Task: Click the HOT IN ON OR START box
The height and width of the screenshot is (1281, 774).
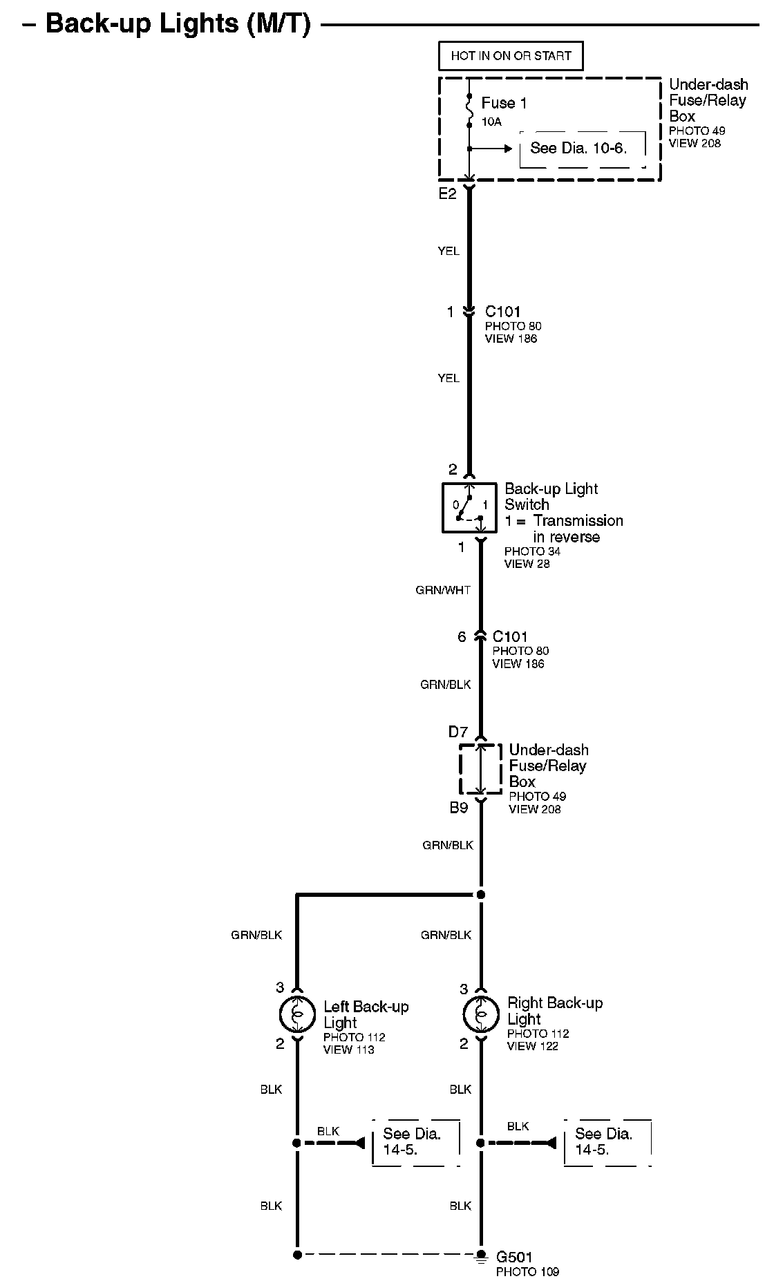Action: [x=511, y=56]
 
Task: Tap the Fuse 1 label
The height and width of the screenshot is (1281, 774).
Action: [x=504, y=103]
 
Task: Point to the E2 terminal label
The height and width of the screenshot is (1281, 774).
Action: [x=448, y=194]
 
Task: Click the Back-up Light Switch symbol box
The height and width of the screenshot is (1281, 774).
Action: [x=469, y=508]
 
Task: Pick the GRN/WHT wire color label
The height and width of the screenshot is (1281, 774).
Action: [x=443, y=590]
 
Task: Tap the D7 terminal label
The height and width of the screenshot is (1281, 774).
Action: [x=458, y=732]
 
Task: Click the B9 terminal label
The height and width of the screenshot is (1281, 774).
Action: [x=459, y=807]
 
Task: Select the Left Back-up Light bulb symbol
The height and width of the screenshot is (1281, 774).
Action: [x=297, y=1014]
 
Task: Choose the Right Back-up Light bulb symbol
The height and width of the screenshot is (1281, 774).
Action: [x=481, y=1014]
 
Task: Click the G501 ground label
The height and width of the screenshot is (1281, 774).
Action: [x=515, y=1257]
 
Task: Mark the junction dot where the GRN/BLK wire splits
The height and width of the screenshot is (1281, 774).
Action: [x=481, y=895]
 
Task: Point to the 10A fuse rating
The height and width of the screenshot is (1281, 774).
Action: [x=491, y=122]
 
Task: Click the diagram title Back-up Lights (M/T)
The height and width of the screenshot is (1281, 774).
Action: [x=178, y=23]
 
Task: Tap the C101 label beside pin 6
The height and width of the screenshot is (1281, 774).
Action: [x=510, y=636]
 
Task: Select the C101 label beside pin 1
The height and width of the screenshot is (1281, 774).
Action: [x=502, y=312]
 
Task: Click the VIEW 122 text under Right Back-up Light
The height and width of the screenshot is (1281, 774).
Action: [x=532, y=1046]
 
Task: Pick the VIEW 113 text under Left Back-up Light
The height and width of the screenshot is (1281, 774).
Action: [x=348, y=1050]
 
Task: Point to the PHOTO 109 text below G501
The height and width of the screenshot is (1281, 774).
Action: [x=527, y=1271]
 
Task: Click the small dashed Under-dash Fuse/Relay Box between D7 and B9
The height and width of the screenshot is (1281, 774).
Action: [x=481, y=769]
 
